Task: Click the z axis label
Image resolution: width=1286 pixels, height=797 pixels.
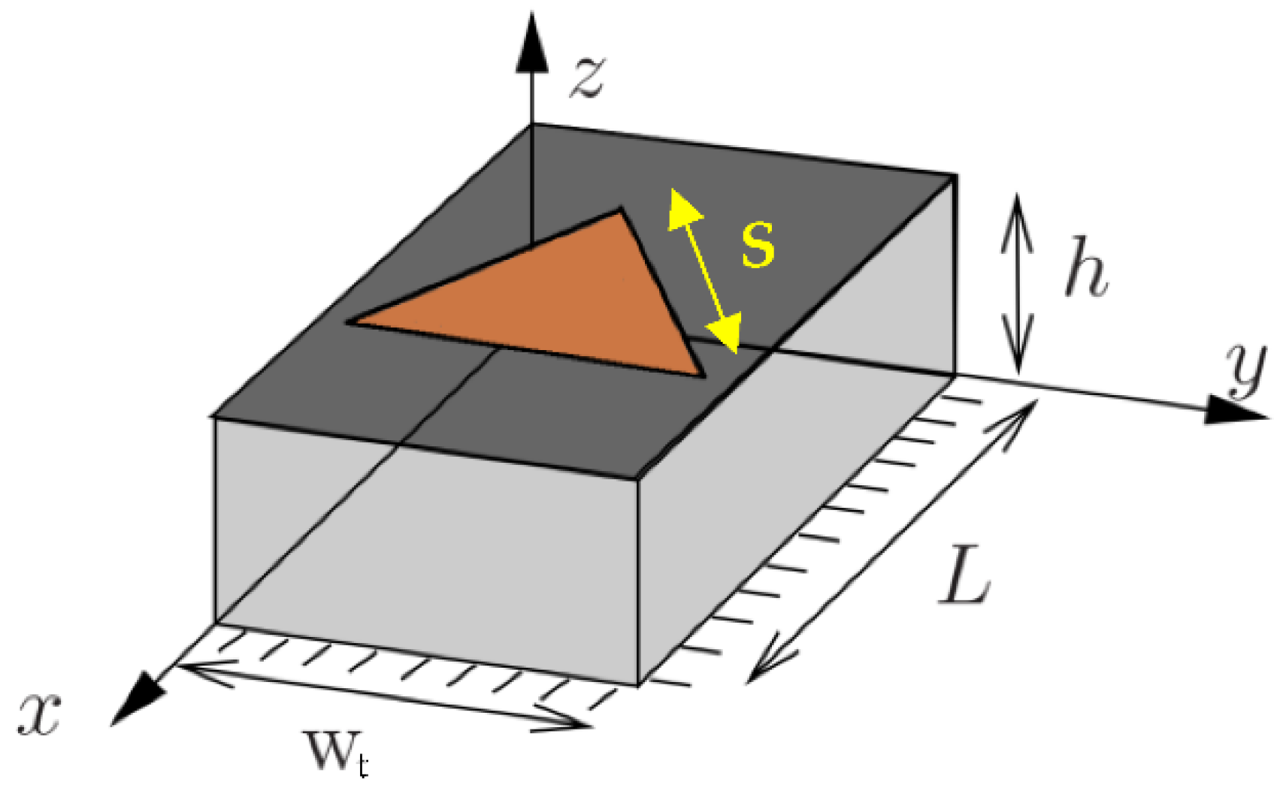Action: coord(587,77)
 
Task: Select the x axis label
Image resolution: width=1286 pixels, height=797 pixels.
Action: coord(39,712)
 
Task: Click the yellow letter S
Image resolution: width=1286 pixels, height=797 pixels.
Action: coord(758,244)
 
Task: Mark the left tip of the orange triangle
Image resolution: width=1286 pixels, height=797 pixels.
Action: coord(350,323)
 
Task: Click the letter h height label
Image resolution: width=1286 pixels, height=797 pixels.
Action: coord(1086,268)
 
